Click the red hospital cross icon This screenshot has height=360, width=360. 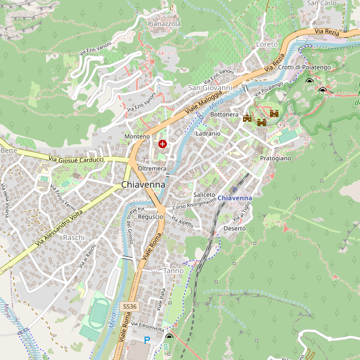(162, 144)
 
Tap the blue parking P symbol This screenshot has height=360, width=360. (147, 340)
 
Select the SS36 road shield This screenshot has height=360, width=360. (130, 307)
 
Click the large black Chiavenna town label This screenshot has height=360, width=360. (143, 185)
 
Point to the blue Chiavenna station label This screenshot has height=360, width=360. (235, 198)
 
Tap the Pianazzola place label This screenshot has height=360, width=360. (164, 23)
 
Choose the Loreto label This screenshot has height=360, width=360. (267, 44)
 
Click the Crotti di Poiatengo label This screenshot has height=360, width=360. (304, 67)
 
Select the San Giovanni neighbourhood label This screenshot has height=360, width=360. (210, 88)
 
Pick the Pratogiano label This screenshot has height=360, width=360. (275, 158)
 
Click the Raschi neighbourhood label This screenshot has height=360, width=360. (74, 238)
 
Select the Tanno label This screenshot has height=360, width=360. (173, 271)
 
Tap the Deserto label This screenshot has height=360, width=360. (235, 229)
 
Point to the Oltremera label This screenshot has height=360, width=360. (152, 169)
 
